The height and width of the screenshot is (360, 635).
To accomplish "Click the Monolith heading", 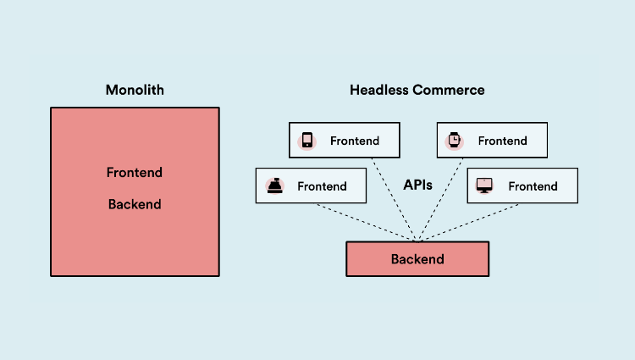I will point(134,90).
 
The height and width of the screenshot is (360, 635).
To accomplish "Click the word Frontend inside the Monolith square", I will point(134,173).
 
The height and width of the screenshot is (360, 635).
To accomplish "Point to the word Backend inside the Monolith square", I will point(134,204).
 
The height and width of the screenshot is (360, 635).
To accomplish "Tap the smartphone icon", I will point(307,141).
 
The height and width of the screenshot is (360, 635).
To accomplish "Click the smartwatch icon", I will point(455,141).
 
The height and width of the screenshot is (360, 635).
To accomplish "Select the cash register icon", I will point(274,186).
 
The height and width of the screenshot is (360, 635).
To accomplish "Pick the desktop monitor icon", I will point(485,186).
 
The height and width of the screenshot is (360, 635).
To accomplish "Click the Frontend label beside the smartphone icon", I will point(355,141).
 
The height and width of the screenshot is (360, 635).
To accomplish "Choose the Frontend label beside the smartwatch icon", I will point(502,141).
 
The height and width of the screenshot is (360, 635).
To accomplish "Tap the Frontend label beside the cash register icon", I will point(322,186).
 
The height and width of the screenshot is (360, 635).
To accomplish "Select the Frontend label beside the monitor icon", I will point(533,186).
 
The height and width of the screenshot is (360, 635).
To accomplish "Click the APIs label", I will point(417,186).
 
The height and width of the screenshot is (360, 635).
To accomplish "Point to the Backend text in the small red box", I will point(417,259).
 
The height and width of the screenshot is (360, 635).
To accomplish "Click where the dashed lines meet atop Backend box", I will point(417,241).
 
